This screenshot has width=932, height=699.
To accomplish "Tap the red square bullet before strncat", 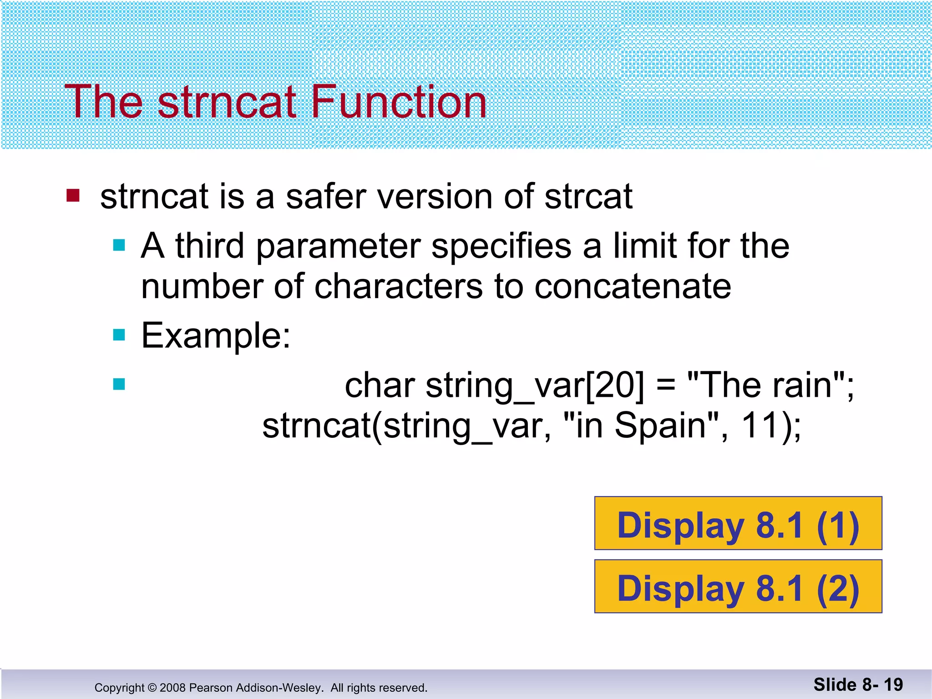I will click(73, 196).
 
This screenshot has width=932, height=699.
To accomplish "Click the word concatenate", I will click(633, 287).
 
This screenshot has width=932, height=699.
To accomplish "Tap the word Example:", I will click(216, 336).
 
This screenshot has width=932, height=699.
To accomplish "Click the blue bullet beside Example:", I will click(119, 335).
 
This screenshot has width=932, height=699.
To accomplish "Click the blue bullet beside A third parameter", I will click(119, 246).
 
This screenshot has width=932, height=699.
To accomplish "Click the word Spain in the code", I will click(660, 425).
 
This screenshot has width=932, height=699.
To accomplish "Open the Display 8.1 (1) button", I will click(738, 523).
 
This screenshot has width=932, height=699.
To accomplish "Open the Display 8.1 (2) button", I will click(738, 587).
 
